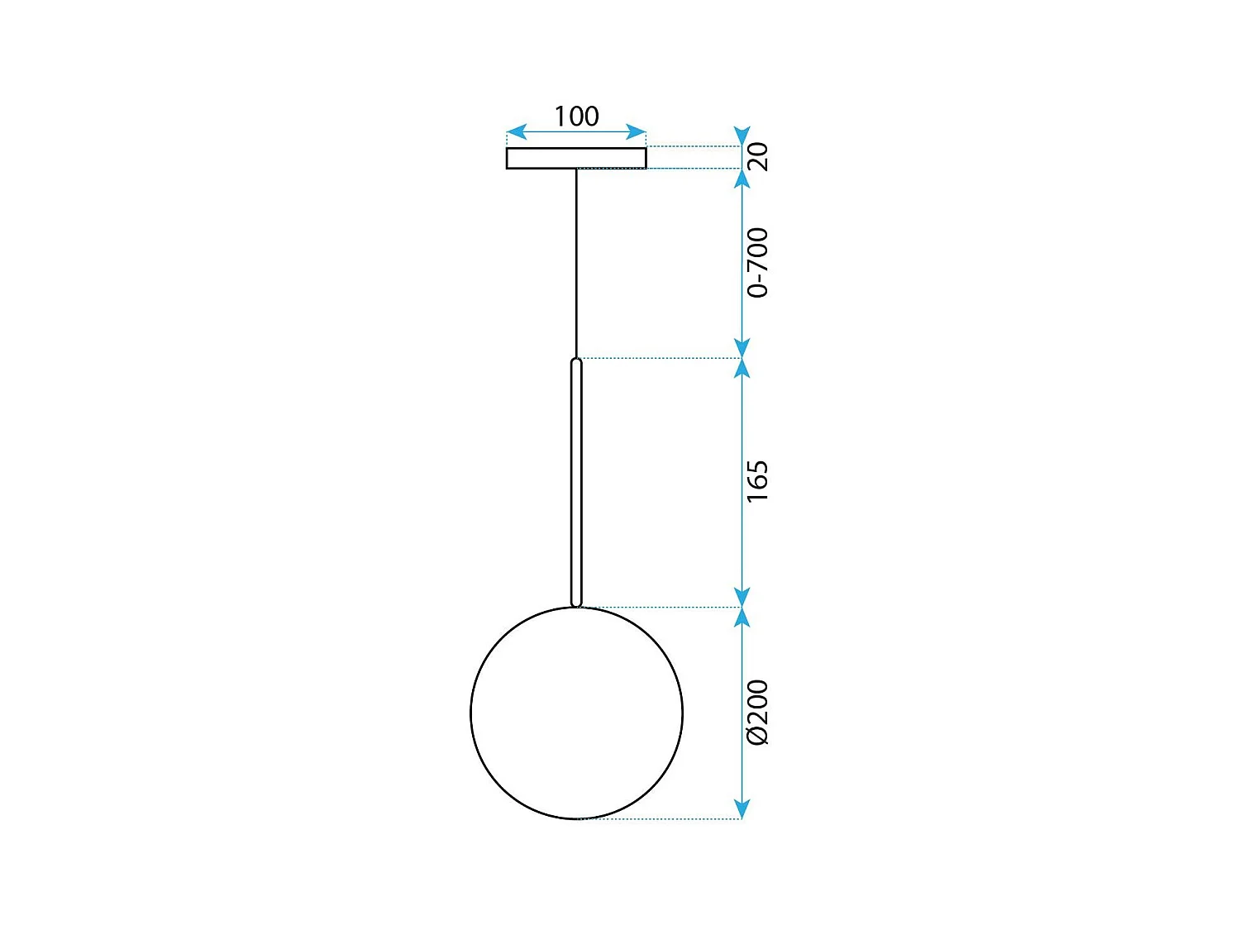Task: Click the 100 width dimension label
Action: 576,117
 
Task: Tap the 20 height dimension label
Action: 757,156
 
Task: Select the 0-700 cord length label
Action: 757,262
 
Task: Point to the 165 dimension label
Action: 757,481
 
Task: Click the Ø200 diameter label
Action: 757,712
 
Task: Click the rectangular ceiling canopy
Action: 576,158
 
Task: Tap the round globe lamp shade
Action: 576,713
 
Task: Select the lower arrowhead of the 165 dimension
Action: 742,597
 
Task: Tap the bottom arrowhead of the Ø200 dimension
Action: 742,809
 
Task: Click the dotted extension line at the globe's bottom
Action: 661,819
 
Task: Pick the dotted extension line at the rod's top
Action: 661,358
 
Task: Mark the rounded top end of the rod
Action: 576,362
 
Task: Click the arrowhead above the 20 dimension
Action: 742,136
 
